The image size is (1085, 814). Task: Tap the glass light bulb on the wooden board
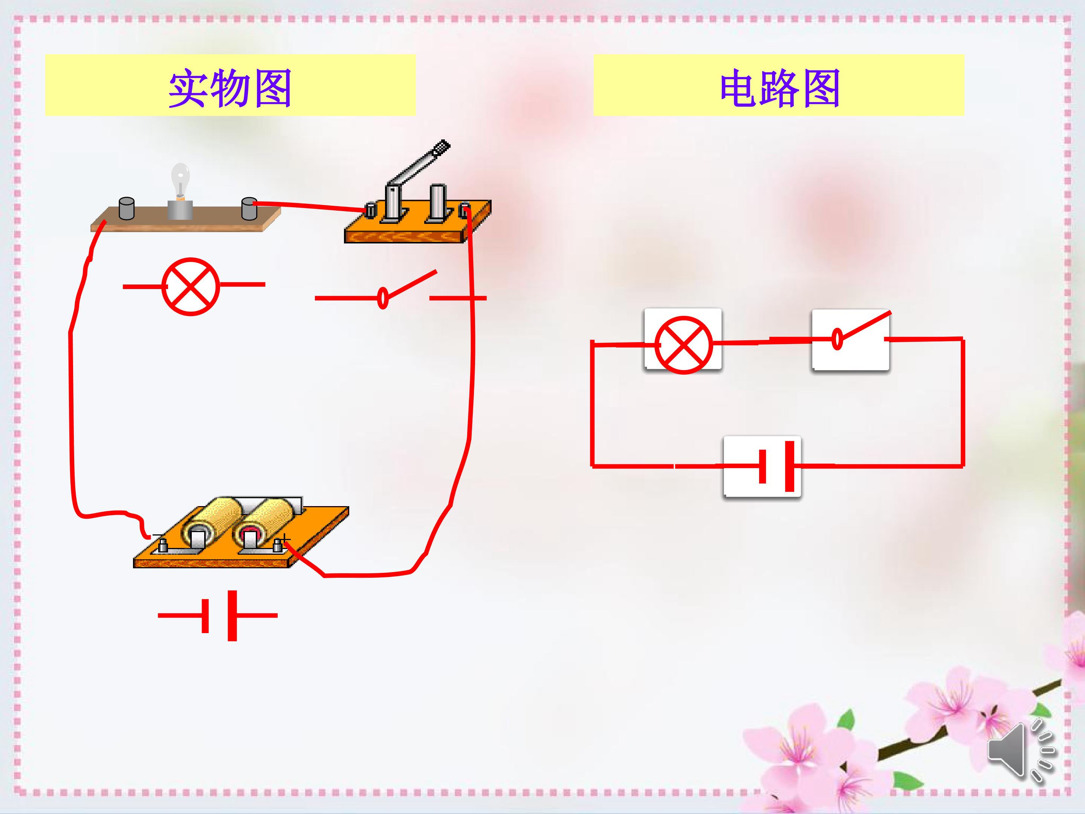pos(180,180)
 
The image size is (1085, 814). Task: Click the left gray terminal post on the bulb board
pos(127,208)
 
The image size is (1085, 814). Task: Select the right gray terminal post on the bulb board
pos(249,208)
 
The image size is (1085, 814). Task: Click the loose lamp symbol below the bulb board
pos(193,286)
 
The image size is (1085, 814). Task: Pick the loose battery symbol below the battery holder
pos(218,615)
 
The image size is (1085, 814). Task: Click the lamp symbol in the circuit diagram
pos(683,344)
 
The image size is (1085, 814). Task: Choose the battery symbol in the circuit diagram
pos(775,466)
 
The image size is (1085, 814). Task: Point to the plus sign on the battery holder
pos(285,540)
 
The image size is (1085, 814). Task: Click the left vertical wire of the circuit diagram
pos(593,403)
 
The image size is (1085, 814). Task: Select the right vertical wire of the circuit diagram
pos(963,402)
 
